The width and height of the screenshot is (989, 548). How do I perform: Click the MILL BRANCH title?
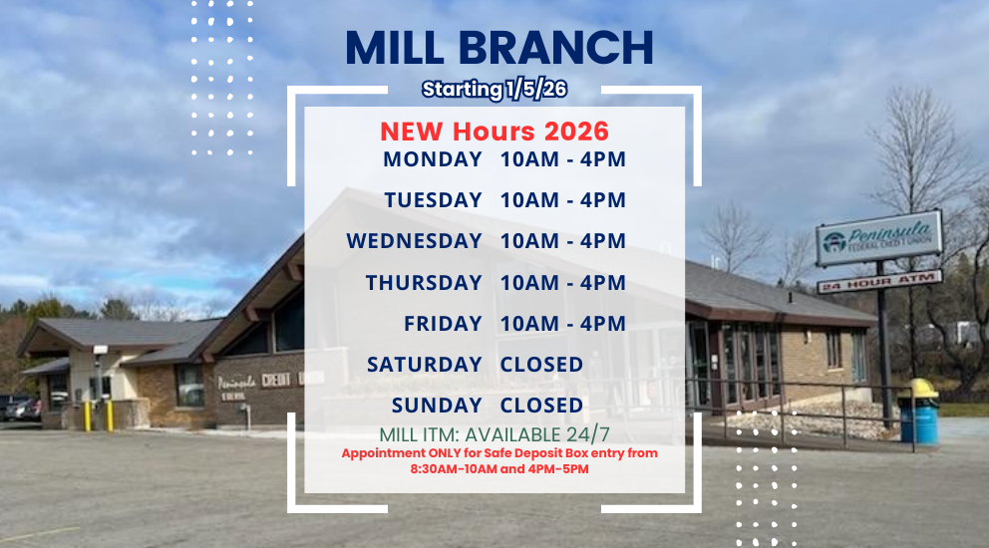click(x=499, y=48)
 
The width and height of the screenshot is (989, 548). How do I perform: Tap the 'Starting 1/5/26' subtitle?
click(x=494, y=89)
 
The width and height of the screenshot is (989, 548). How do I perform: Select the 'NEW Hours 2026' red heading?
click(x=494, y=132)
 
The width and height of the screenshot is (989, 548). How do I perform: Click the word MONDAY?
click(x=433, y=159)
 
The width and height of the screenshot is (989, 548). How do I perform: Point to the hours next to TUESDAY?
click(x=563, y=200)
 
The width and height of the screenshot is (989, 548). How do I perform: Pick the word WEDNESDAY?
click(x=414, y=241)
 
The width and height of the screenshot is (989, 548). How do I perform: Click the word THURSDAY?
click(x=424, y=283)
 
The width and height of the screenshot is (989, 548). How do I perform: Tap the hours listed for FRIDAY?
click(x=563, y=324)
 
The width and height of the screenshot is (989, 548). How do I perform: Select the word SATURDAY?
click(x=424, y=365)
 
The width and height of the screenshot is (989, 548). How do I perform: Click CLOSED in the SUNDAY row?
click(x=541, y=406)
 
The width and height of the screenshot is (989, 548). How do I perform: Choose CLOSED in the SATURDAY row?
click(x=541, y=365)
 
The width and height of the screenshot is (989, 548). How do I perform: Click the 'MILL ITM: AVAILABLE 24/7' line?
click(x=494, y=435)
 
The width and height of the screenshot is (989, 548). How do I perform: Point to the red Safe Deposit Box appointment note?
click(x=499, y=460)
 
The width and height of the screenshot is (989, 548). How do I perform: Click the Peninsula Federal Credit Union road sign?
click(x=877, y=238)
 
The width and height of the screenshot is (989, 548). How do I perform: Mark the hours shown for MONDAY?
click(x=563, y=159)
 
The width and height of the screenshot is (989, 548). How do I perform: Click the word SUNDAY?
click(x=437, y=406)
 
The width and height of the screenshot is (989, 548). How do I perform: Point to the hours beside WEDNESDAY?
click(x=563, y=241)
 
